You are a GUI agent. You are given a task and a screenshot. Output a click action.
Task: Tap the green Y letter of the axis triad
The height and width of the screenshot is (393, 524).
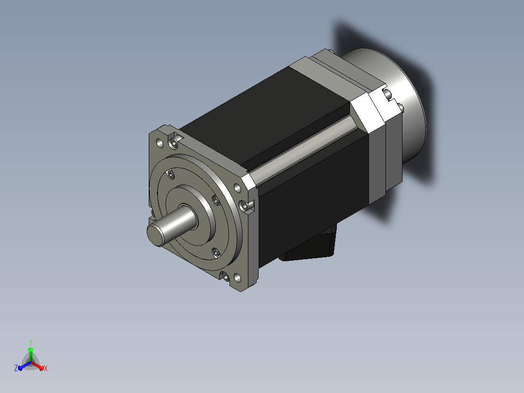(31, 342)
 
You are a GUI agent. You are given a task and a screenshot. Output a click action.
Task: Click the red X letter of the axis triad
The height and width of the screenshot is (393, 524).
(46, 368)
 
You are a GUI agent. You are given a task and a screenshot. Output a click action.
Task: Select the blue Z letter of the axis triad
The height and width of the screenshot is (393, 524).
(16, 368)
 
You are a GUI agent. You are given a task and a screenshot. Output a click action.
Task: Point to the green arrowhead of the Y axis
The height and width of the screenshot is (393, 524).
(31, 350)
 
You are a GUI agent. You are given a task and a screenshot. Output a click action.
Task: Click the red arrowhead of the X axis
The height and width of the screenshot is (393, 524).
(41, 368)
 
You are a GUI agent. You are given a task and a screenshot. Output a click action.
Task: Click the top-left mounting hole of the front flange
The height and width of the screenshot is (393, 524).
(160, 143)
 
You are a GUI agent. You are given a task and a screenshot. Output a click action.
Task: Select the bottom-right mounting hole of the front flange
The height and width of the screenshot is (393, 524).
(237, 277)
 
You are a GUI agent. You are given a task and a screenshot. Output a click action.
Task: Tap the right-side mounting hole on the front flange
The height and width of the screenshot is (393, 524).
(237, 188)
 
